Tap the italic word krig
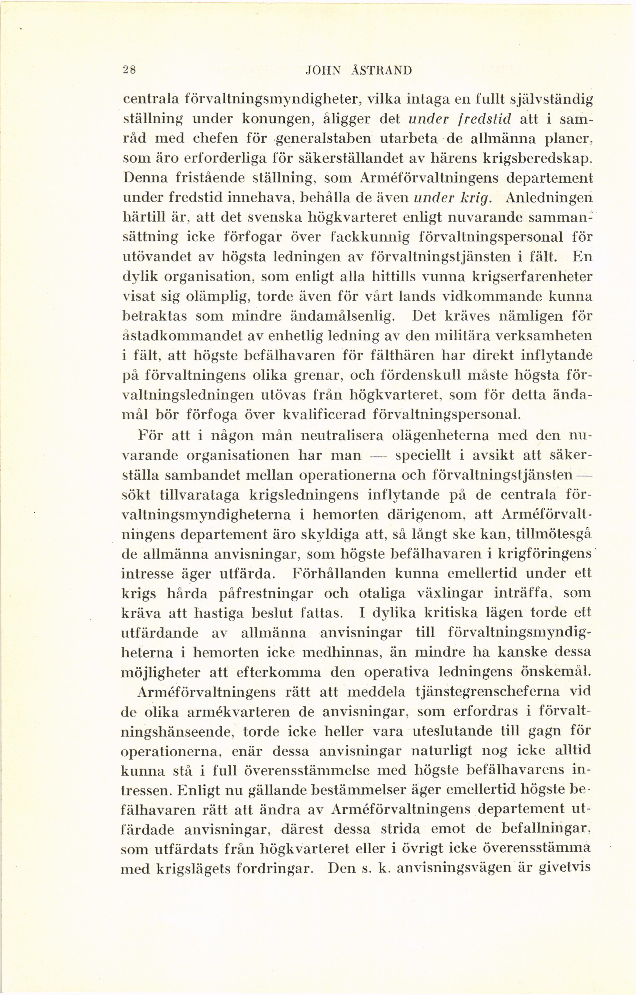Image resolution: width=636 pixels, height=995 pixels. (x=476, y=198)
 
